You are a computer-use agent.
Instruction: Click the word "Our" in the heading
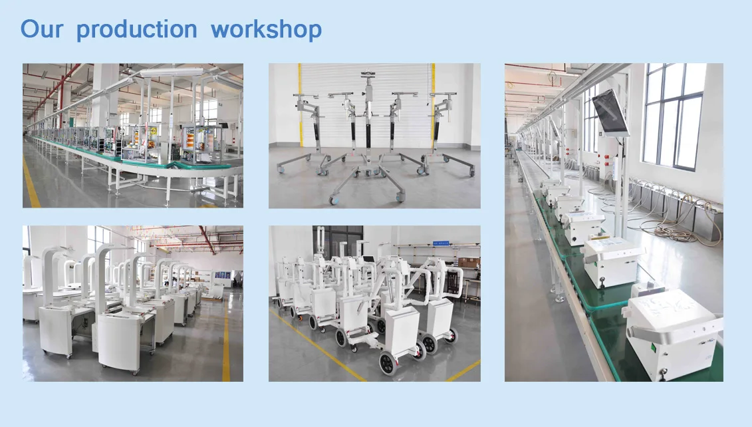coord(41,29)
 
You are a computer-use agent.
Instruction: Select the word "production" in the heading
coord(136,30)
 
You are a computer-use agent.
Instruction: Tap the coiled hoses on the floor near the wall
coord(672,229)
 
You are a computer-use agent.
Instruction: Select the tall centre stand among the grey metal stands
coord(368,126)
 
